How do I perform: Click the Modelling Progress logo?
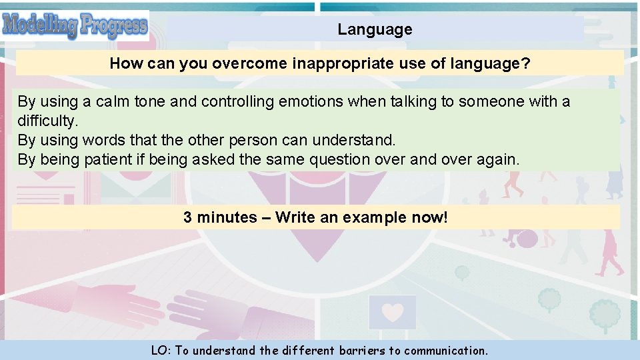tap(75, 26)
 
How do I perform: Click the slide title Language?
tap(375, 29)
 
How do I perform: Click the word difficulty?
tap(48, 121)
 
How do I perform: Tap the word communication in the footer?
tap(446, 350)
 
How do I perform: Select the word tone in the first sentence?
tap(150, 101)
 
